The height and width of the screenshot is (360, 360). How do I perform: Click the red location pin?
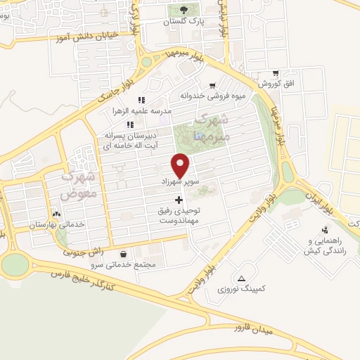point(181,165)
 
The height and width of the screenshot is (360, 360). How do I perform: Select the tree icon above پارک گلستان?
point(184,10)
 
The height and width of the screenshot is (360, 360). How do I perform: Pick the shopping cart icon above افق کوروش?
point(276,72)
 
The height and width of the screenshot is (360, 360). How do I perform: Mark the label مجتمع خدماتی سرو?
point(124,265)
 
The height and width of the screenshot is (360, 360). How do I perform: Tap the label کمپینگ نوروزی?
point(243,289)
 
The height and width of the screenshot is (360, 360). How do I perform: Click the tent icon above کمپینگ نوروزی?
point(243,277)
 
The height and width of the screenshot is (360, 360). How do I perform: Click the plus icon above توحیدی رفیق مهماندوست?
point(178,200)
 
